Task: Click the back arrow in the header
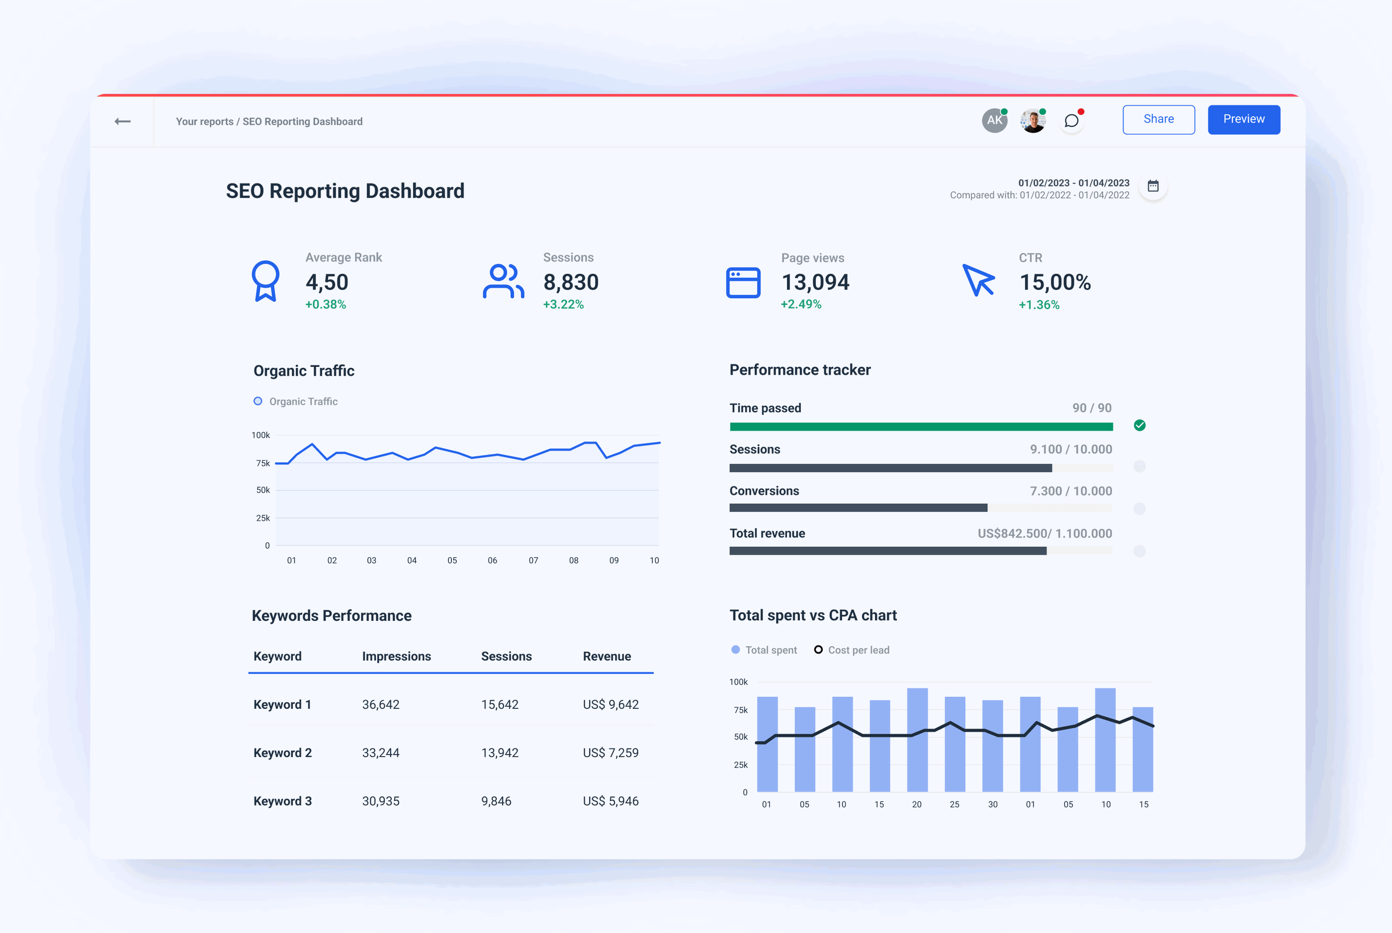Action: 123,121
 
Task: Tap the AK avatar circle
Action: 994,121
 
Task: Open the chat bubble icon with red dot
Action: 1071,121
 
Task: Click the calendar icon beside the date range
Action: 1153,186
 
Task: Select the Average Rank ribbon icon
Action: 265,281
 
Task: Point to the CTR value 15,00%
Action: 1054,282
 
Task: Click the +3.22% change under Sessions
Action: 563,305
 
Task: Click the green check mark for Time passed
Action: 1139,425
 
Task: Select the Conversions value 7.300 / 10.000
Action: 1071,491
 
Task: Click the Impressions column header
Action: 396,656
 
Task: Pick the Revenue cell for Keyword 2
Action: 610,753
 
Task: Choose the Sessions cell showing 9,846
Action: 496,801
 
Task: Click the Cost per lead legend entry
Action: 852,650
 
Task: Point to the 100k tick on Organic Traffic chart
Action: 261,435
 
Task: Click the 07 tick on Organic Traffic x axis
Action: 533,561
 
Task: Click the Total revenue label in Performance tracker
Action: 767,533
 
